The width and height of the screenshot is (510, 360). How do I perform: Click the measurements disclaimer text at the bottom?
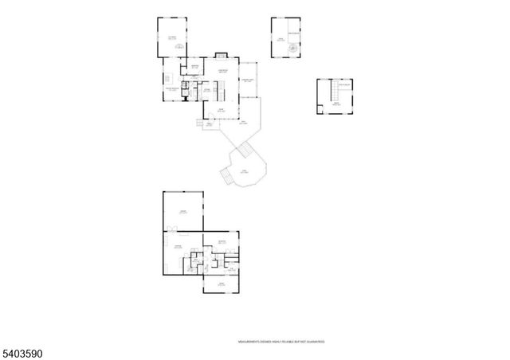click(x=281, y=342)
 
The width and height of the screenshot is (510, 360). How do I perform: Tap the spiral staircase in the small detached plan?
click(x=293, y=47)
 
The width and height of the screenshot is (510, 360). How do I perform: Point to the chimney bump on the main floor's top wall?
click(x=221, y=55)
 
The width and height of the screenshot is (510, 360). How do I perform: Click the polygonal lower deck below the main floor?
click(x=248, y=170)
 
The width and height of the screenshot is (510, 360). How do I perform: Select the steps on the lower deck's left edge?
click(x=226, y=176)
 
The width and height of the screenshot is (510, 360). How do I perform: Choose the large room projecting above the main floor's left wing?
click(x=171, y=37)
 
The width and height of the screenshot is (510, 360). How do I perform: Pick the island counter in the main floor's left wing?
click(x=169, y=79)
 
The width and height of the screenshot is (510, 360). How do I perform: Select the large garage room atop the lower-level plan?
click(x=182, y=211)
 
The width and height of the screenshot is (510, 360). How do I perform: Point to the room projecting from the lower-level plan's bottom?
click(x=221, y=284)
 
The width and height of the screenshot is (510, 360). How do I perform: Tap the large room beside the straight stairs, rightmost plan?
click(x=339, y=102)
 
